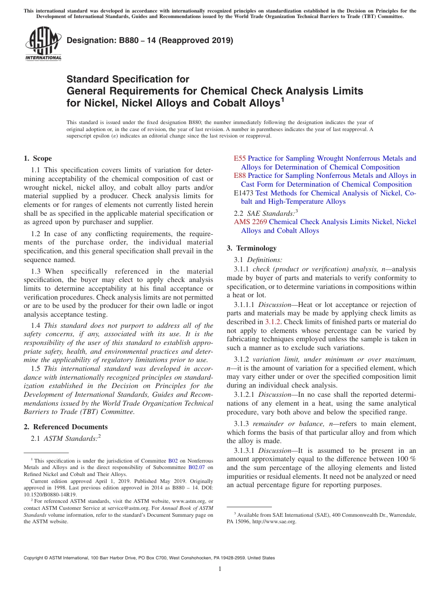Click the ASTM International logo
[x=43, y=44]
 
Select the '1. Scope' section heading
[x=38, y=158]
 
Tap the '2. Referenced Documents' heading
[x=66, y=427]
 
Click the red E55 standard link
[x=240, y=158]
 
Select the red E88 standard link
[x=240, y=175]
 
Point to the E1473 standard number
[x=244, y=193]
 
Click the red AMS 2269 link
[x=251, y=222]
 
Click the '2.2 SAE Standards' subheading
[x=266, y=213]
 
